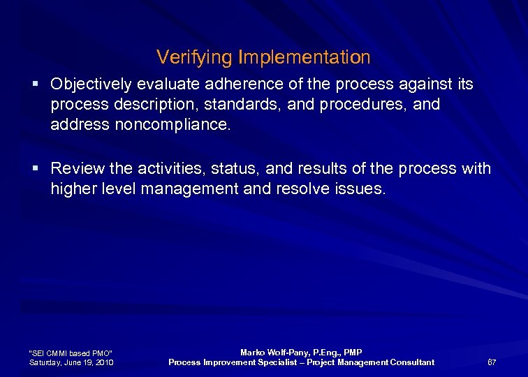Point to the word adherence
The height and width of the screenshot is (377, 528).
coord(235,85)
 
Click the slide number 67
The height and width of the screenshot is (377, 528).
coord(492,362)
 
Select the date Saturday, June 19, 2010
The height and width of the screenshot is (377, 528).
coord(72,362)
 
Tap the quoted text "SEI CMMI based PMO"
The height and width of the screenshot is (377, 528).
coord(70,353)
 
